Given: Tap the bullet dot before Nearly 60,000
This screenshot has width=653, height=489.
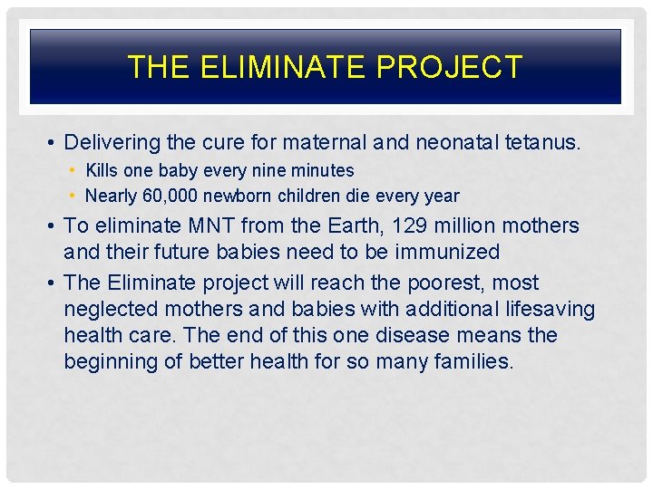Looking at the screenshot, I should pos(73,197).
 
